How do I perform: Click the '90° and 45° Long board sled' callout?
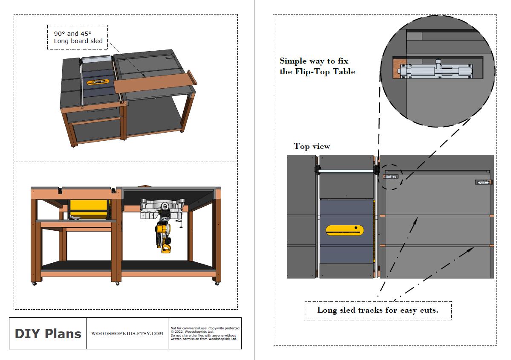(x=78, y=37)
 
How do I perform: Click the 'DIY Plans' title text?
(x=48, y=334)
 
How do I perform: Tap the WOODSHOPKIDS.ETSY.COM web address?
(x=127, y=334)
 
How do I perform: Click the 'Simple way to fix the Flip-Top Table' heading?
(x=317, y=67)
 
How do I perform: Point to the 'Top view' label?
(x=312, y=146)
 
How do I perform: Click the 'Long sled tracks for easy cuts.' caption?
(x=377, y=310)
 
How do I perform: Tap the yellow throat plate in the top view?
(x=345, y=230)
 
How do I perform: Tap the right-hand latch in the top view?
(x=484, y=183)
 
